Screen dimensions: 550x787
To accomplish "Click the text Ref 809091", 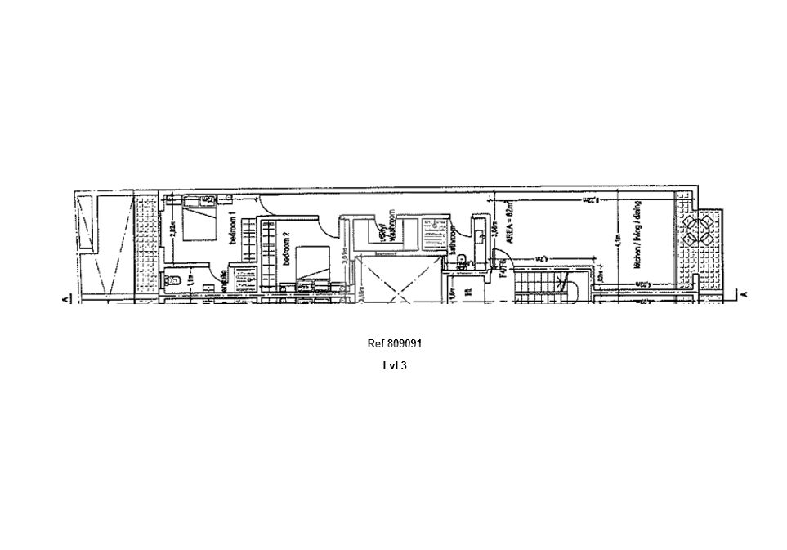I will point(394,344).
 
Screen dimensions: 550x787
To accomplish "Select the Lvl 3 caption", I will point(394,365).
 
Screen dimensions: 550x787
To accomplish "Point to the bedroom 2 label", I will point(286,248).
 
